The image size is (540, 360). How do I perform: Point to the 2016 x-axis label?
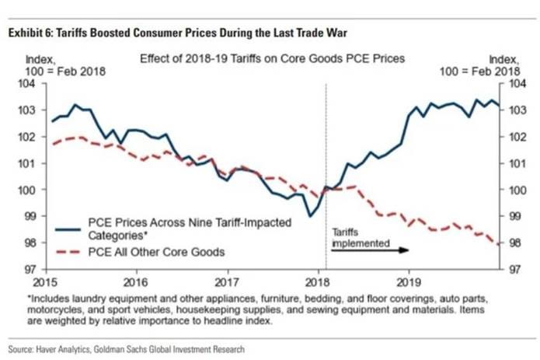pyautogui.click(x=137, y=281)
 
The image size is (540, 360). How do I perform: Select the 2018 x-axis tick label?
pyautogui.click(x=315, y=281)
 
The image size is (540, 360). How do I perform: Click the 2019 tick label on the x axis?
pyautogui.click(x=406, y=281)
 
